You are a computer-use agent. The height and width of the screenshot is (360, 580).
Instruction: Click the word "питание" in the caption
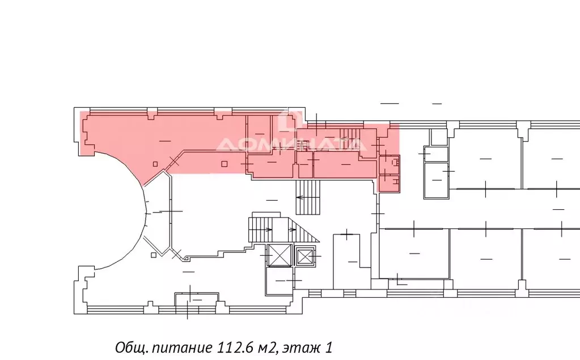click(182, 348)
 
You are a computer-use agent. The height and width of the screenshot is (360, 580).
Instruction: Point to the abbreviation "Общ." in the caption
click(132, 348)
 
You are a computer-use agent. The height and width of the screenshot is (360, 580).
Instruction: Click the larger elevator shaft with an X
click(280, 255)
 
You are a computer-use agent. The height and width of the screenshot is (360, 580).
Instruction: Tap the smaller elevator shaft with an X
click(306, 256)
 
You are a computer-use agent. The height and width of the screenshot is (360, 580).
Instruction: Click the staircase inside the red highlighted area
click(349, 139)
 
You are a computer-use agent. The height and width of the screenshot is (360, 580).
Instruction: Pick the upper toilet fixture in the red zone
click(395, 162)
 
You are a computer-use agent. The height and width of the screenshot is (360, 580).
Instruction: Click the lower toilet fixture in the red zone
click(395, 181)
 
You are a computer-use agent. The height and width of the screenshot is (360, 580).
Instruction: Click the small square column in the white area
click(154, 255)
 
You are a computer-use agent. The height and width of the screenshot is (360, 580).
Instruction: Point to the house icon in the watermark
click(291, 119)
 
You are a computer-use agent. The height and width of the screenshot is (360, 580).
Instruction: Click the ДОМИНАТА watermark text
click(291, 145)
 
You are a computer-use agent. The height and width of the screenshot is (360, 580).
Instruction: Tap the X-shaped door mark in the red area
click(174, 160)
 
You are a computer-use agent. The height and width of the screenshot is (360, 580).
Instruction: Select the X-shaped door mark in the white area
click(176, 254)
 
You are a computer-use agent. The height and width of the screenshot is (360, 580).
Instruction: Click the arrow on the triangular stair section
click(292, 230)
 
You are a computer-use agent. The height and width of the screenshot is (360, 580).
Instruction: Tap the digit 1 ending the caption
click(328, 348)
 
